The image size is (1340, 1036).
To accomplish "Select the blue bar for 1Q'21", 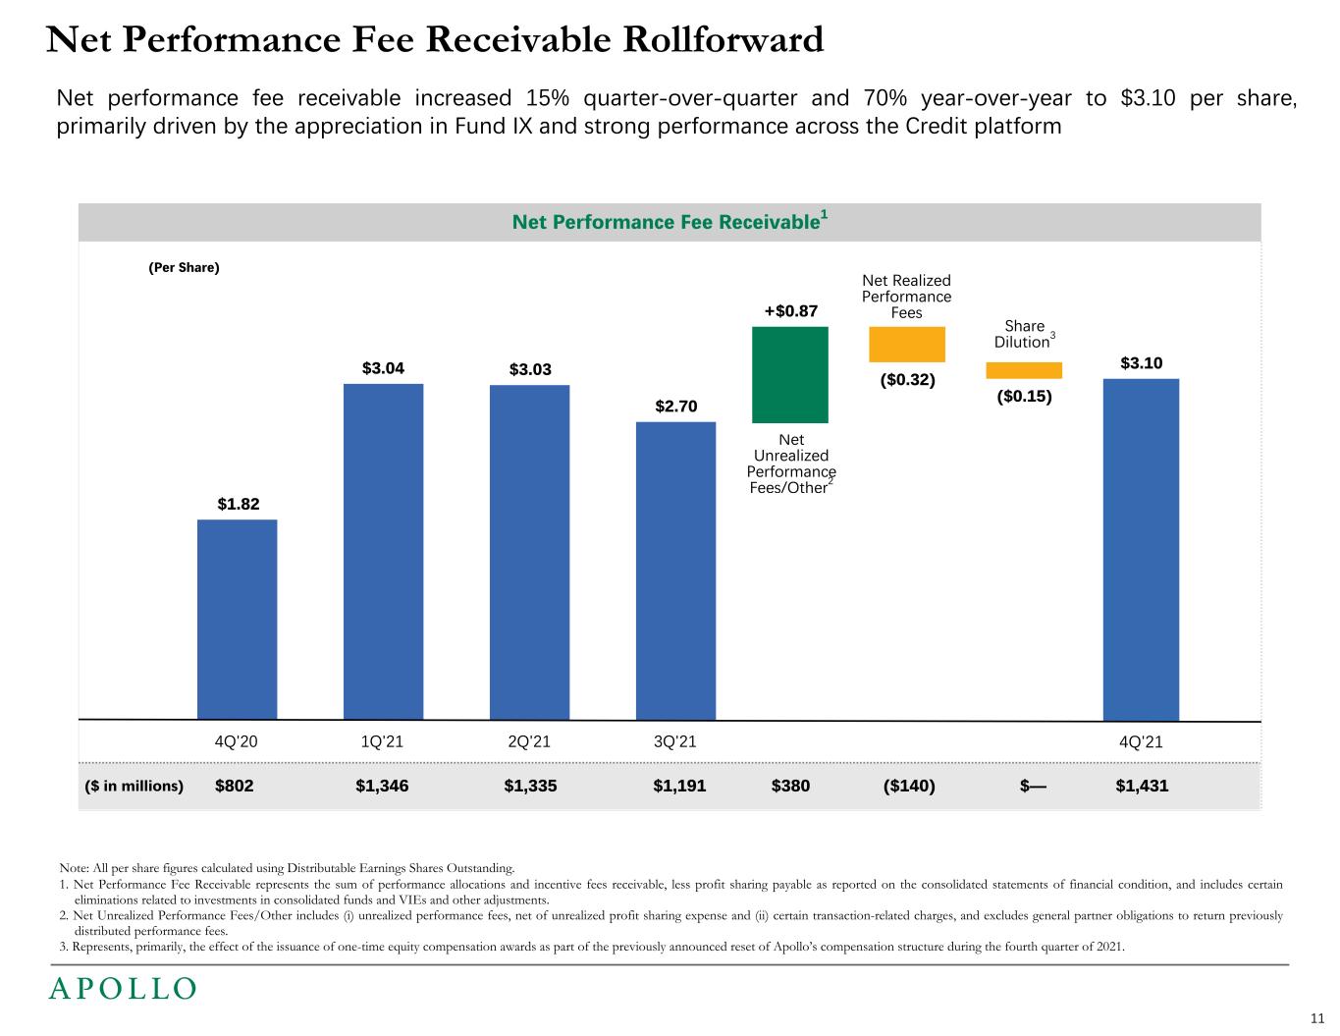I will click(x=383, y=551).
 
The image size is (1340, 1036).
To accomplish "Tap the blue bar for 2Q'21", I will click(x=529, y=552).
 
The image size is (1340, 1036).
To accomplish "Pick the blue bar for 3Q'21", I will click(x=675, y=571).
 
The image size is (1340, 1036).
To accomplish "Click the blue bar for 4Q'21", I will click(x=1141, y=549).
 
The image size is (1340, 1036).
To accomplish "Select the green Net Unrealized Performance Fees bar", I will click(x=789, y=374).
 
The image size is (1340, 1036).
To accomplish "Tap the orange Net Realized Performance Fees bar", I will click(x=906, y=345).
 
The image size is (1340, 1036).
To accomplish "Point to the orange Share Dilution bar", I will click(x=1024, y=370).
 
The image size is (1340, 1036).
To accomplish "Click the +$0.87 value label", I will click(x=790, y=311).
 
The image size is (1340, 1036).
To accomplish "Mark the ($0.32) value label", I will click(x=907, y=379).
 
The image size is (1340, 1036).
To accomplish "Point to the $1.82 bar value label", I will click(x=238, y=504).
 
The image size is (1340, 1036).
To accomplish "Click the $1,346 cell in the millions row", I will click(x=382, y=786).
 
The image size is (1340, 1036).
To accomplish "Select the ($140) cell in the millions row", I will click(x=909, y=786).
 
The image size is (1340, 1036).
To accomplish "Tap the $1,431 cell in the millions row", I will click(x=1142, y=786).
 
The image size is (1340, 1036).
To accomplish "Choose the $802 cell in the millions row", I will click(x=234, y=786).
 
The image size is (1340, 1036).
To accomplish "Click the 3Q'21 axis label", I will click(x=674, y=741).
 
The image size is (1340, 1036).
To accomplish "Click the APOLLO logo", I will click(x=123, y=988).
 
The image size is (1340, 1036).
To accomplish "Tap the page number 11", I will click(x=1317, y=1017).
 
